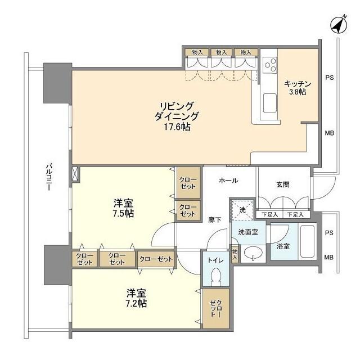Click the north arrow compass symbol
[337, 24]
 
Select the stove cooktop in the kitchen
[269, 64]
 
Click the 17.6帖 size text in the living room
[178, 127]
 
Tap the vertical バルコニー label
[49, 177]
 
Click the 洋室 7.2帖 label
[136, 298]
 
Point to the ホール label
[227, 181]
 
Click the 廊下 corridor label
[214, 220]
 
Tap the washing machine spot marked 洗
[242, 209]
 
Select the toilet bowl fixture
[215, 278]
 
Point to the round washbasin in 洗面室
[253, 252]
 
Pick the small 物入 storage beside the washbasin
[235, 254]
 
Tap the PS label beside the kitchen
[330, 78]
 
